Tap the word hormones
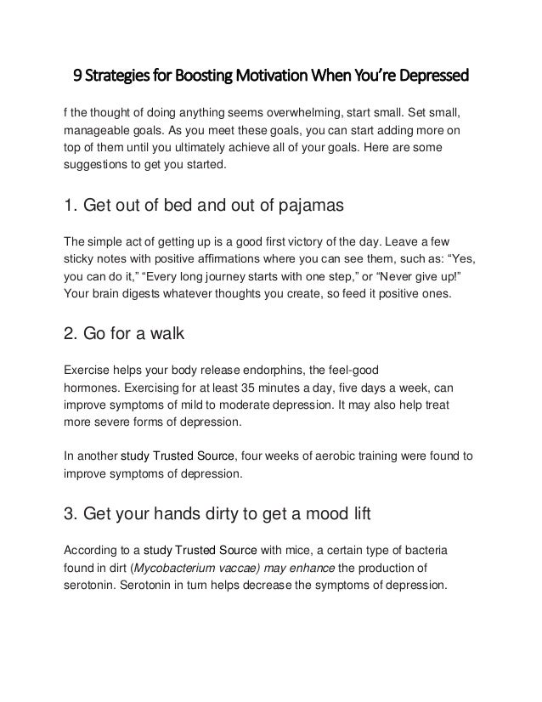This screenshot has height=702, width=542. (x=93, y=387)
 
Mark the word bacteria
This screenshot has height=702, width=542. (x=426, y=550)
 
